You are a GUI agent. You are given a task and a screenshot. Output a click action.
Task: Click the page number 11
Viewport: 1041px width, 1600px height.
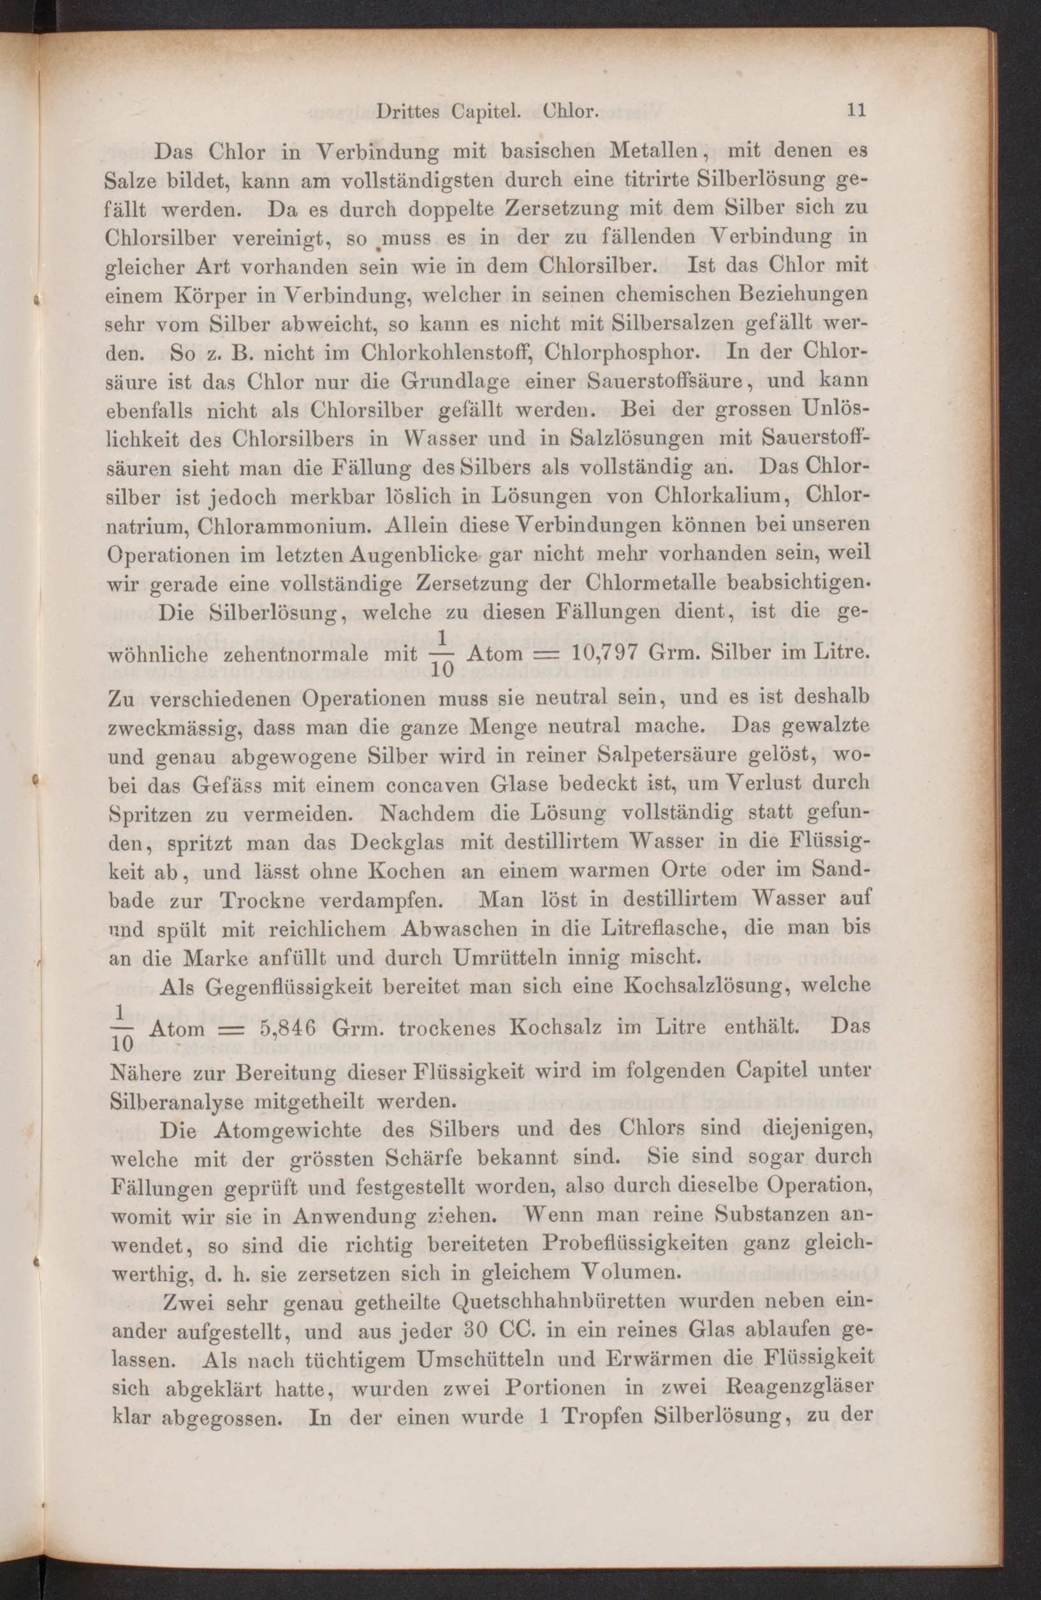coord(855,111)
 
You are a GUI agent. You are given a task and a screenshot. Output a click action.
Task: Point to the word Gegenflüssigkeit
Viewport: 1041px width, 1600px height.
coord(306,987)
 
